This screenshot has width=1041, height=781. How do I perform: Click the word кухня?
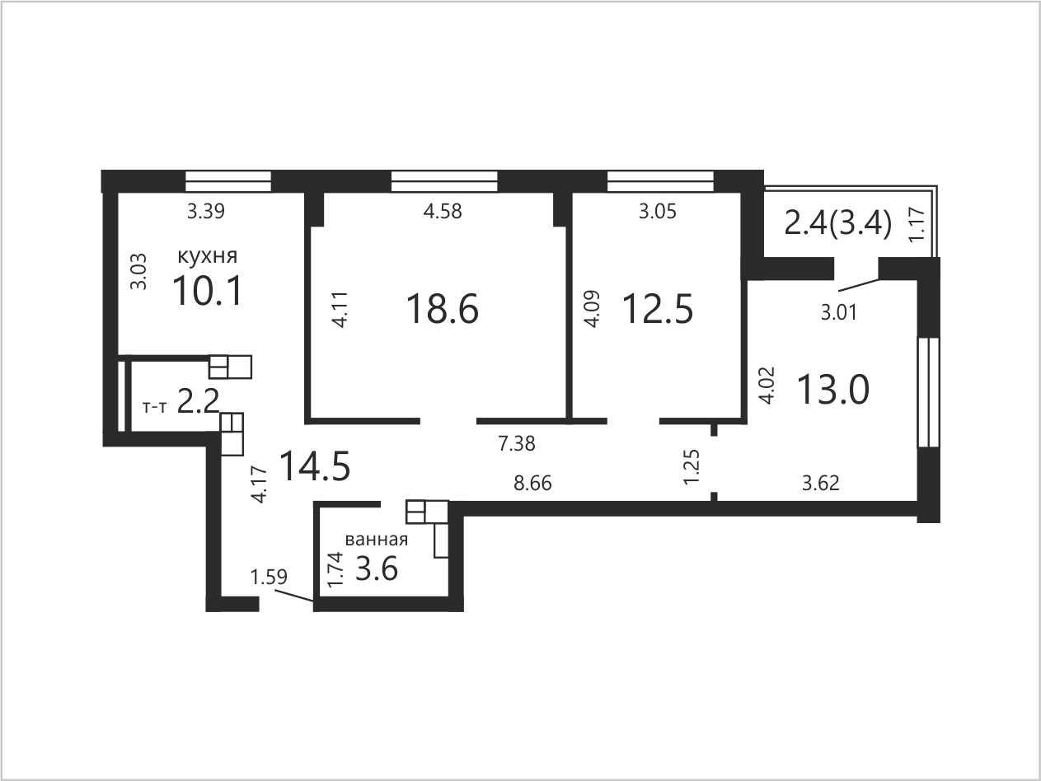point(207,256)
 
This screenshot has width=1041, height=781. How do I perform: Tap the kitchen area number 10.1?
point(208,291)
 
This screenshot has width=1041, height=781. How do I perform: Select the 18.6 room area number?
point(443,308)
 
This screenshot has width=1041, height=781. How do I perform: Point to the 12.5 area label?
point(658,308)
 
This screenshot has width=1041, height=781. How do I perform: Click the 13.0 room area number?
point(833,389)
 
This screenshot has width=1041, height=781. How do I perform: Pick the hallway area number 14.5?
point(315,466)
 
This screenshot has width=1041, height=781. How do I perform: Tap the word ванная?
point(376,540)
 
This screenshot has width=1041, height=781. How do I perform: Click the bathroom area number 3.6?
point(377,568)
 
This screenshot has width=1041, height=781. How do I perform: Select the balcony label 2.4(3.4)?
point(838,224)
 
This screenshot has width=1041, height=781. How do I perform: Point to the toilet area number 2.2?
point(199,401)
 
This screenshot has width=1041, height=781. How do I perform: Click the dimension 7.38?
point(517,443)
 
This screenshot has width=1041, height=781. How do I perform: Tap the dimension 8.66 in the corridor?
point(532,484)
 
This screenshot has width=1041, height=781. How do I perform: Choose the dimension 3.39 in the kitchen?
point(205,211)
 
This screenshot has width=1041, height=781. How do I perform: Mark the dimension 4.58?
point(443,211)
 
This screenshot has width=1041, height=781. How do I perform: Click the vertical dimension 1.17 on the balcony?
point(917,224)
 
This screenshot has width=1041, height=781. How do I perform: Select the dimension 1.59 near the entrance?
point(269,577)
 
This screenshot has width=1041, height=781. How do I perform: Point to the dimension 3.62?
point(820,484)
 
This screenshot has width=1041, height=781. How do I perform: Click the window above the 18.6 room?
point(444,181)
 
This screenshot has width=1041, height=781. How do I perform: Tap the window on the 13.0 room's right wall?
point(929,392)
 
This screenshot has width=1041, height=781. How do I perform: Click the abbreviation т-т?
point(155,407)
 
